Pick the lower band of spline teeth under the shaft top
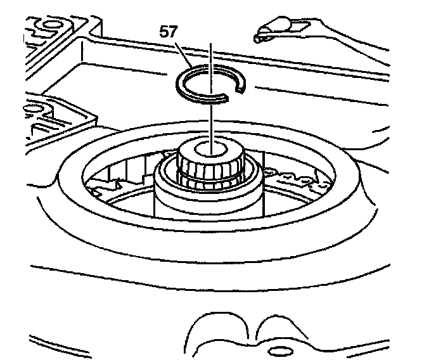pos(210,184)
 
